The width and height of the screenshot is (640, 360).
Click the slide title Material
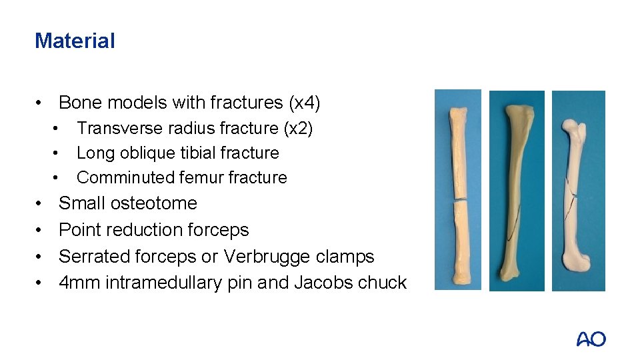(x=75, y=41)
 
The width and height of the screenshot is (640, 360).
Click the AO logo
(x=591, y=339)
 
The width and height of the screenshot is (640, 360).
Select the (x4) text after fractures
(x=304, y=103)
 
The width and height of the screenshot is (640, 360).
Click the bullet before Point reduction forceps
(x=40, y=231)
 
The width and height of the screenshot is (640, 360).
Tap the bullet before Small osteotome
(x=40, y=203)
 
